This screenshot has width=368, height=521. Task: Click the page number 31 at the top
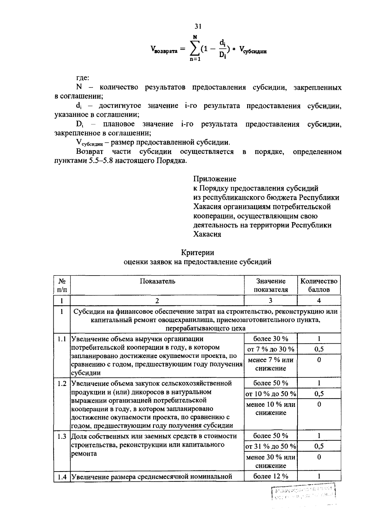[198, 27]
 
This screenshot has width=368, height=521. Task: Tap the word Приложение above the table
[215, 179]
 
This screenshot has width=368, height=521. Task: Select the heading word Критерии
[197, 253]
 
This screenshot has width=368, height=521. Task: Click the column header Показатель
[157, 281]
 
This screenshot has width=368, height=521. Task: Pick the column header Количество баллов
[319, 285]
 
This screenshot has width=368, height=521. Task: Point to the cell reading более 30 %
[271, 339]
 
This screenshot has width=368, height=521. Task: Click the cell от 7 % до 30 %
[271, 349]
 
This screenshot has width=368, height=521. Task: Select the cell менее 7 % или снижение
[271, 364]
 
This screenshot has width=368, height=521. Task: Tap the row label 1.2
[62, 384]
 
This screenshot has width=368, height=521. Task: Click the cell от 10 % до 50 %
[271, 394]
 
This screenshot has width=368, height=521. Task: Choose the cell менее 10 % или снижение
[271, 408]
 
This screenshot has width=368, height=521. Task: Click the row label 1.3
[62, 436]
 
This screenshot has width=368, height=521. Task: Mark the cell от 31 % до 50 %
[271, 446]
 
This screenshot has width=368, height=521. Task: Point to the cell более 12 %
[271, 476]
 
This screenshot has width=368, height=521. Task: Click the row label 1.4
[62, 477]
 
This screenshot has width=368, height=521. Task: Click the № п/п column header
[62, 285]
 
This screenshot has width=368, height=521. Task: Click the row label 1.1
[62, 339]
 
